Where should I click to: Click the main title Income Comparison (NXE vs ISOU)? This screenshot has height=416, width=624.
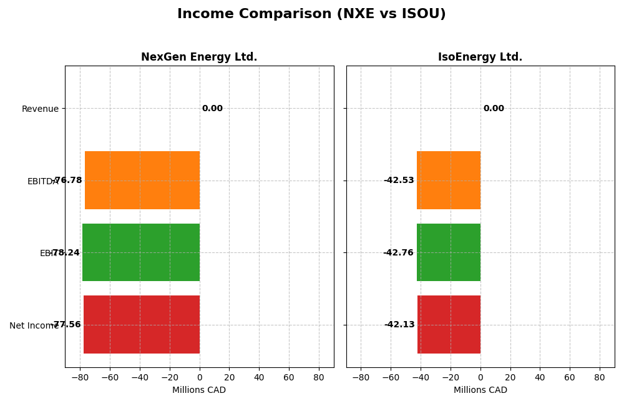[311, 14]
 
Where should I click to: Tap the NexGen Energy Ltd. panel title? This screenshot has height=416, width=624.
[199, 57]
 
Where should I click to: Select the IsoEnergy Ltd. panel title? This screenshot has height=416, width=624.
[480, 57]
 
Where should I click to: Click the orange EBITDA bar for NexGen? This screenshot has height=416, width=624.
[142, 180]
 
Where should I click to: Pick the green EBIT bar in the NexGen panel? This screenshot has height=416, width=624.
[141, 252]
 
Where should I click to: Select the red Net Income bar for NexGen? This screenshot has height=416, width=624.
[142, 324]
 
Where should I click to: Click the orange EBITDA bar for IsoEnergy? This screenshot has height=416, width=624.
[449, 180]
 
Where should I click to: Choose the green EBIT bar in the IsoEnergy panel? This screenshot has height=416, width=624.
[449, 252]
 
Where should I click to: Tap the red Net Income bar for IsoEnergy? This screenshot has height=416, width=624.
[449, 324]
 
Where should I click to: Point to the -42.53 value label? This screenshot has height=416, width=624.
[399, 181]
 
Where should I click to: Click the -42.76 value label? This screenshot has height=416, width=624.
[398, 253]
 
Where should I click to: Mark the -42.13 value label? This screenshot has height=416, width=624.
[399, 325]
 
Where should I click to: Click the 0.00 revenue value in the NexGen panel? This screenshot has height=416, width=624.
[212, 109]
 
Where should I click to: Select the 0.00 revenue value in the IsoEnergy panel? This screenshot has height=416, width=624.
[494, 109]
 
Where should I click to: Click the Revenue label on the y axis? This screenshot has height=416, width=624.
[41, 109]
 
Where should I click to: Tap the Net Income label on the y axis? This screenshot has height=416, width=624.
[34, 325]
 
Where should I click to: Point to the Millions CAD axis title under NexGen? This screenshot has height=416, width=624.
[199, 390]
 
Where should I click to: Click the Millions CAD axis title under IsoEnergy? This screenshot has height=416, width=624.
[480, 390]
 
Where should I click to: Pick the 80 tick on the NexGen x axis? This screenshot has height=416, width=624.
[319, 378]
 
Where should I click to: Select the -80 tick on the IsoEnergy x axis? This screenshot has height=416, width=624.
[361, 378]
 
